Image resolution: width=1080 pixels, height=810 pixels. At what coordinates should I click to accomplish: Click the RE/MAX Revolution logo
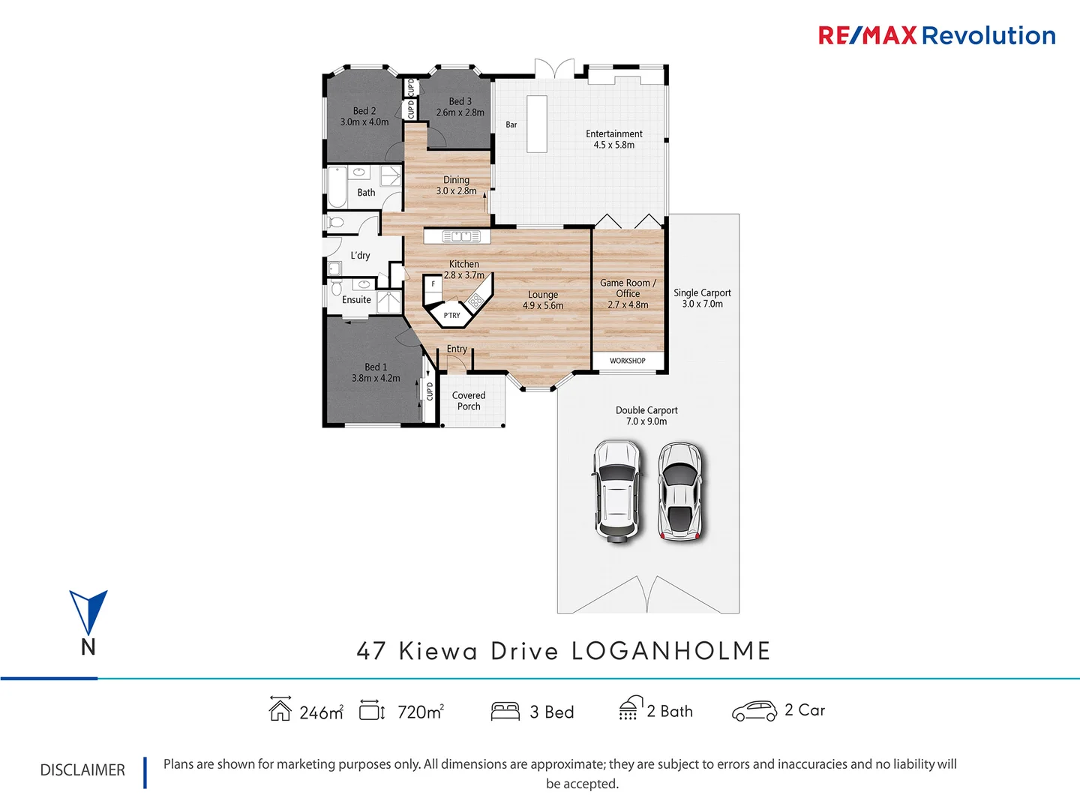(936, 35)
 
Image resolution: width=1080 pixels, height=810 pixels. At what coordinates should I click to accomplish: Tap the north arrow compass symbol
(88, 613)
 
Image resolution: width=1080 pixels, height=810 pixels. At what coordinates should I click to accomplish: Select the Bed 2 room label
(364, 111)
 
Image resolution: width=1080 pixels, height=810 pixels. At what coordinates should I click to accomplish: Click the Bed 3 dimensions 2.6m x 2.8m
(460, 112)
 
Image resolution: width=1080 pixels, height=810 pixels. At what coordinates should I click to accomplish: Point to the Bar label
(511, 124)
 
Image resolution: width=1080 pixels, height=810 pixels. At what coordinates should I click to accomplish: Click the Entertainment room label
(613, 133)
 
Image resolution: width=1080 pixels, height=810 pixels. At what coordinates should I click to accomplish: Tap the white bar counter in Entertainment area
(536, 124)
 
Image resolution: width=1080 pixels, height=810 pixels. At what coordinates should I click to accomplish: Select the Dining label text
(456, 180)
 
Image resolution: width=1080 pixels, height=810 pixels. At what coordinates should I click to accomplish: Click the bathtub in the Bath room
(337, 187)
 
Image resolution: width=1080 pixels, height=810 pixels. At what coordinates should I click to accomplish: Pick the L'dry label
(360, 256)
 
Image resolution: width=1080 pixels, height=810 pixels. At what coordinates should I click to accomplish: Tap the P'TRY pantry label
(451, 316)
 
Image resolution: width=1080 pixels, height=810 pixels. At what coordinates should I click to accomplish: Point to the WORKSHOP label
(627, 361)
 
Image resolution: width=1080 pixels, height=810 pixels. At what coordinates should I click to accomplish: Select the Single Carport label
(702, 293)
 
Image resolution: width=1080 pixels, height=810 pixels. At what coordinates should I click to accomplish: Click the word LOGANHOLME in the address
(670, 651)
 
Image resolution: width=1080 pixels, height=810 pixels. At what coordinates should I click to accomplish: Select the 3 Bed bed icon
(505, 711)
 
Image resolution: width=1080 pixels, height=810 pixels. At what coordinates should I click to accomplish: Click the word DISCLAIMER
(82, 770)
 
